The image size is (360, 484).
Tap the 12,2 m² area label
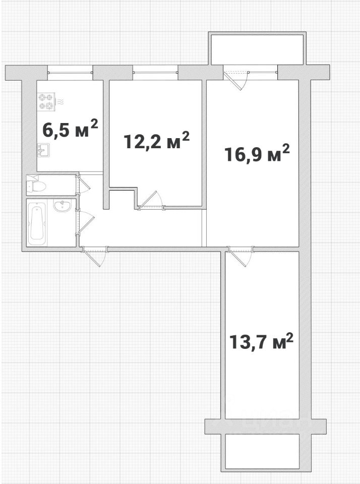pos(156,140)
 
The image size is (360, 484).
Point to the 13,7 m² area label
pos(261,341)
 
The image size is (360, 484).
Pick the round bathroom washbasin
pos(63,205)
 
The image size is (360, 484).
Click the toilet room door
pos(83,185)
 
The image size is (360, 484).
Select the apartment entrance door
pos(94,256)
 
